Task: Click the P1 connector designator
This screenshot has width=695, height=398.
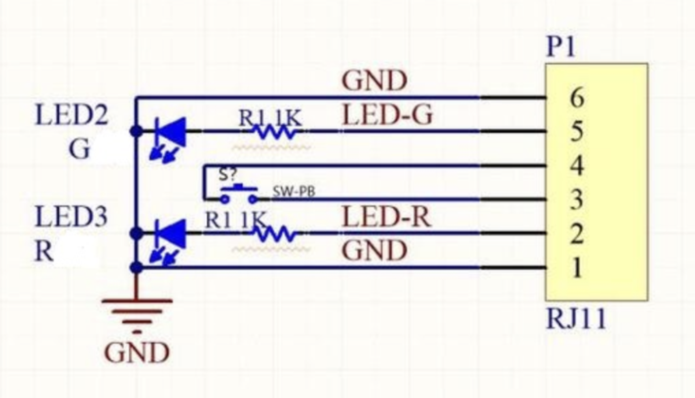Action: (561, 47)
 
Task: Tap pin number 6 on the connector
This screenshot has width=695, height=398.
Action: (577, 98)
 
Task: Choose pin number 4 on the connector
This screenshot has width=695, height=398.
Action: (577, 166)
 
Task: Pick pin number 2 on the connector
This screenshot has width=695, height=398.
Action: (577, 233)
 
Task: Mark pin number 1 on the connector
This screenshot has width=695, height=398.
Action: (577, 267)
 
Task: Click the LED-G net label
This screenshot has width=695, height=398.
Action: (387, 114)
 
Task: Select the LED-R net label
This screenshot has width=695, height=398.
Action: (386, 217)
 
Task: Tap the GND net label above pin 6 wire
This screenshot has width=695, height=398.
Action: (375, 80)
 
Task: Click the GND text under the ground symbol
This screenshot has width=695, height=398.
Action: (137, 353)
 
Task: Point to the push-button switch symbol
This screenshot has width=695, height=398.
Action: (239, 194)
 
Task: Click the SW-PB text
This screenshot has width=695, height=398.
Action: (294, 192)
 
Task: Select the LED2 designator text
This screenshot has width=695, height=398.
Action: (72, 115)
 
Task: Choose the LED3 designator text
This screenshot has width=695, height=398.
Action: (72, 217)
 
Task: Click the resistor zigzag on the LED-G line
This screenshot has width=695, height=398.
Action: (274, 132)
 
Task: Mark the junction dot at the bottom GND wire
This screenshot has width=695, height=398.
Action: (137, 267)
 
